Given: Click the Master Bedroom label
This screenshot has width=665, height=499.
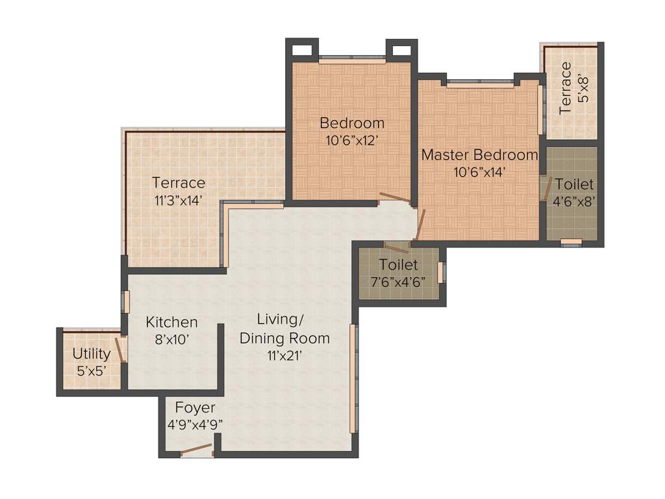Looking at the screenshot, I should point(479,155).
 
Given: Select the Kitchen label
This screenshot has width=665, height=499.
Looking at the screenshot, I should point(171,322).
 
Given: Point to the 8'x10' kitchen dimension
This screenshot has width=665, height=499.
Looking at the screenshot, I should point(171,339).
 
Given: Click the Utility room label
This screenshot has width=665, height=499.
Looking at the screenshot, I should point(91,354).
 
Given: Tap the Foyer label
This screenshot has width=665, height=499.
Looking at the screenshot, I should point(195,408).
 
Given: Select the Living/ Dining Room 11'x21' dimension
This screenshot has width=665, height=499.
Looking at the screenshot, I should point(284,355).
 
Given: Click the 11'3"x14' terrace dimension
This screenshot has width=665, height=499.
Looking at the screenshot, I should point(179,200).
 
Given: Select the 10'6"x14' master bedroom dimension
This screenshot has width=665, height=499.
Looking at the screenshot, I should point(479,172).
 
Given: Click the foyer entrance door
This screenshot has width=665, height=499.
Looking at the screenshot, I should point(196,450).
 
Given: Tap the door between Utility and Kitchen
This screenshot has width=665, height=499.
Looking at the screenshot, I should point(120,349).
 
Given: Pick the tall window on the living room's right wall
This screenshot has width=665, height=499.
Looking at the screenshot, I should point(353,378).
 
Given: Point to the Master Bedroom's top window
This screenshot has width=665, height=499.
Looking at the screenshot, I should point(480,83).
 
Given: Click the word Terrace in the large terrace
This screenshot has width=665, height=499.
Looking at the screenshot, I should point(179,183).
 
